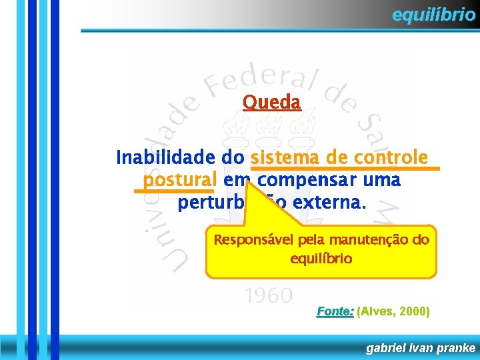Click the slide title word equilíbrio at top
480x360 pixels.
pos(433,15)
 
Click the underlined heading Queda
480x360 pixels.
pos(272,102)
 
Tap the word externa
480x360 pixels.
pos(331,203)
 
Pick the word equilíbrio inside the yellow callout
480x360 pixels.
pos(321,258)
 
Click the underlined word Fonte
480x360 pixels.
pos(335,311)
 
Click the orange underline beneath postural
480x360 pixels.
pos(173,191)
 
